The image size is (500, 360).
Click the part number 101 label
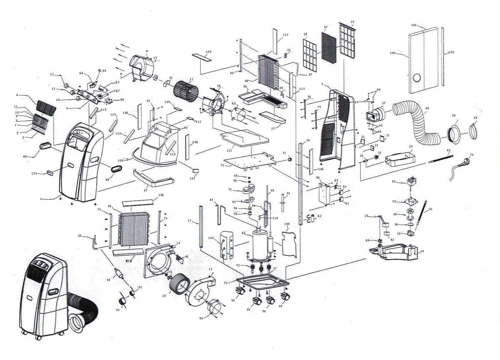pos(414,25)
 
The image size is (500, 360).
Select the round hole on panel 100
pos(416,78)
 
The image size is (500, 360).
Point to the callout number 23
pos(352,22)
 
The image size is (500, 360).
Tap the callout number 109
pos(208,52)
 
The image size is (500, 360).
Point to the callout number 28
pos(422,251)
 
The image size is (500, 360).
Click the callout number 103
pos(211,237)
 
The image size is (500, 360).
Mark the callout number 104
pos(287,224)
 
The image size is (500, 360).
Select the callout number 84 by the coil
pos(110,206)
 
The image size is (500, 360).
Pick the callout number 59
pos(394,182)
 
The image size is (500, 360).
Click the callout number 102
pos(451,52)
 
